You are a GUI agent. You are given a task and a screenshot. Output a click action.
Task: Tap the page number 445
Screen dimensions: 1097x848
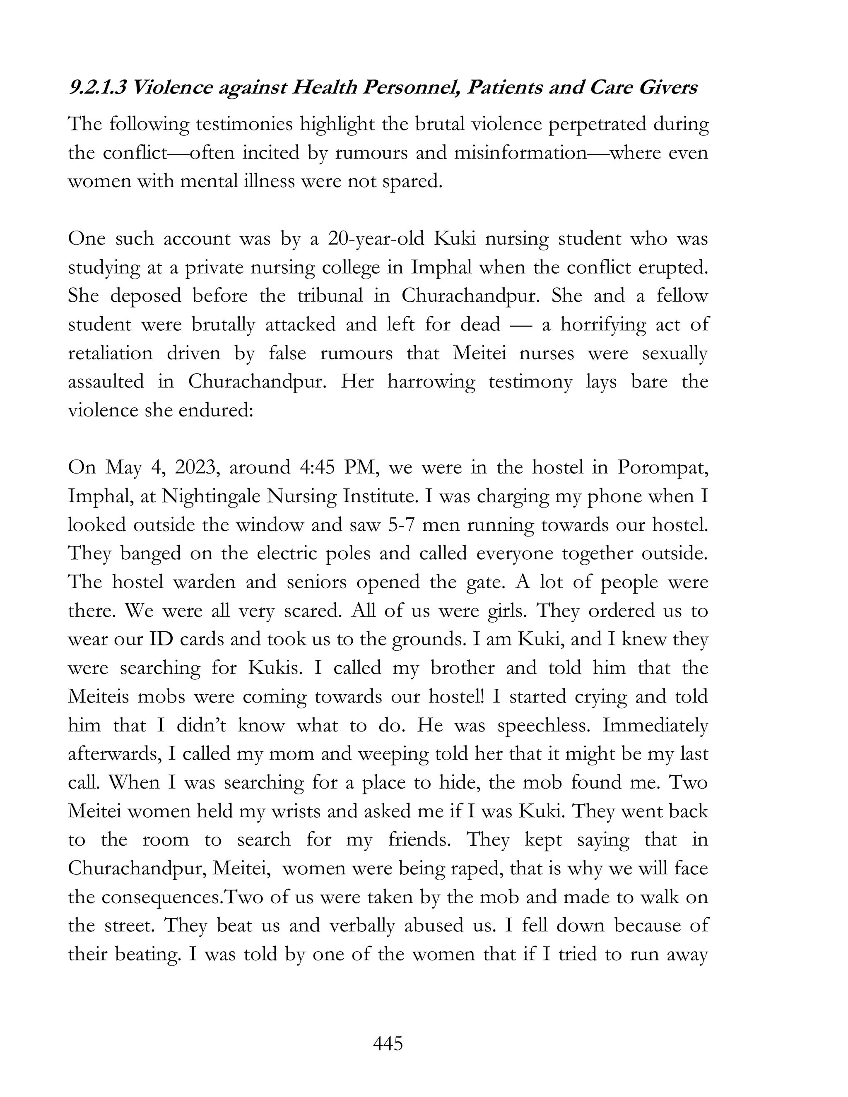388,1044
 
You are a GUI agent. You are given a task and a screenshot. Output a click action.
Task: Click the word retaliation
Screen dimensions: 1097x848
111,353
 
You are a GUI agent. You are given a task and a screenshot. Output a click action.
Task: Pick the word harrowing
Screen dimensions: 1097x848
431,382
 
